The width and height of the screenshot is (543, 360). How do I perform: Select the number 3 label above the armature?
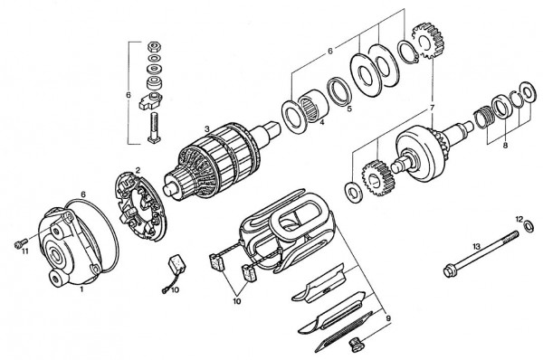tap(206, 129)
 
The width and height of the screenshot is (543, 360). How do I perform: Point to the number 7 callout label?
tap(432, 108)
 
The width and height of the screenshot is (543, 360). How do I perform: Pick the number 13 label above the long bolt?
tap(476, 245)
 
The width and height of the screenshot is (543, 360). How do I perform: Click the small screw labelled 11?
tap(18, 242)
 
